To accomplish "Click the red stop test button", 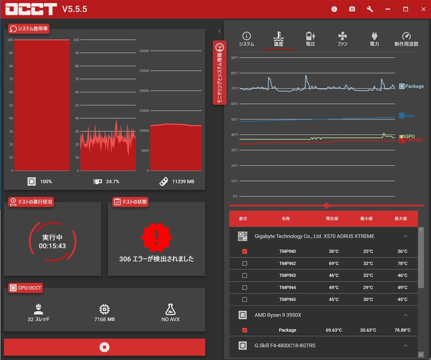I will coord(104,347).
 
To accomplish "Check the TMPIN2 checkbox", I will coord(245,264).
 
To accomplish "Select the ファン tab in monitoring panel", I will coord(342,39).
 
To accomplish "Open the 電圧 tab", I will coord(310,39).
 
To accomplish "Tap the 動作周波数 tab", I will coord(406,39).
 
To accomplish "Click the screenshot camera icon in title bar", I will coord(352,9).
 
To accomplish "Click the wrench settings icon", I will coord(370,9).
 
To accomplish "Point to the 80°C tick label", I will coord(234,73).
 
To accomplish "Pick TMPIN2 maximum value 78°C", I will coord(402,264).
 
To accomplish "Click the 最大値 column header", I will coord(400,219).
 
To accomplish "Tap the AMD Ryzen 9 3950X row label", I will coord(278,315).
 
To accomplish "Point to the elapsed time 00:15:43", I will coord(52,246).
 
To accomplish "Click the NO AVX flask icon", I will coord(170,309).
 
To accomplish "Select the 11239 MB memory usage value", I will coord(183,181).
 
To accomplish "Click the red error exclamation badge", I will coord(156,237).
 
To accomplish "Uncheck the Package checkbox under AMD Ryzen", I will coord(245,330).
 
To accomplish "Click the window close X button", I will coord(423,9).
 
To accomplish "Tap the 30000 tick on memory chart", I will coord(144,51).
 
